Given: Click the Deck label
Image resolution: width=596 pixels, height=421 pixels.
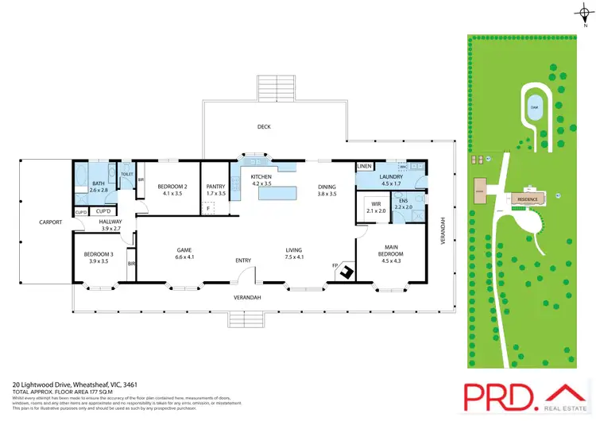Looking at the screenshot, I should coord(265,126).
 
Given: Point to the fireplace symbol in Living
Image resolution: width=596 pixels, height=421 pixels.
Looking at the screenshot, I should coord(347,272).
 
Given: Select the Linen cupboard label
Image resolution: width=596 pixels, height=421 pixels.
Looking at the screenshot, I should coord(365,166).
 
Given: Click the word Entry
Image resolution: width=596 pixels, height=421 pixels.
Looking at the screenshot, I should coord(242,260).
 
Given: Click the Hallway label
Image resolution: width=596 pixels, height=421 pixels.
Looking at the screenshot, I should coord(110,225).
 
